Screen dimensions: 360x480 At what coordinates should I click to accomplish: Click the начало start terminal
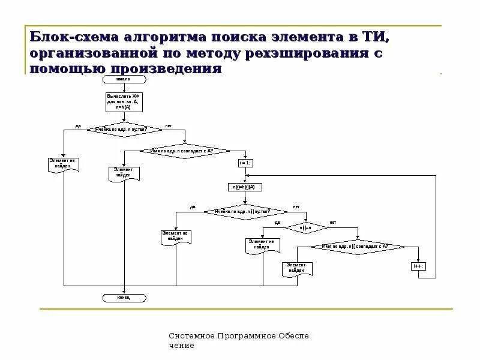(124, 79)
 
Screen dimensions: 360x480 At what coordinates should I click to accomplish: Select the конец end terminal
(124, 297)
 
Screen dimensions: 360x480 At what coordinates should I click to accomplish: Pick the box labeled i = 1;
(245, 163)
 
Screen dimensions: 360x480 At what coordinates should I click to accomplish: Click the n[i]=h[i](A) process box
(245, 187)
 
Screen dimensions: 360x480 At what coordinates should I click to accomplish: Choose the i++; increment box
(418, 266)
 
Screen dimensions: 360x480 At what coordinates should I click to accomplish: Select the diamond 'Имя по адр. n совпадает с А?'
(185, 151)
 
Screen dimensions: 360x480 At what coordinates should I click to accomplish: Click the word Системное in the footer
(189, 336)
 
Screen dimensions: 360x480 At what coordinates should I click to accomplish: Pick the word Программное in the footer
(244, 336)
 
